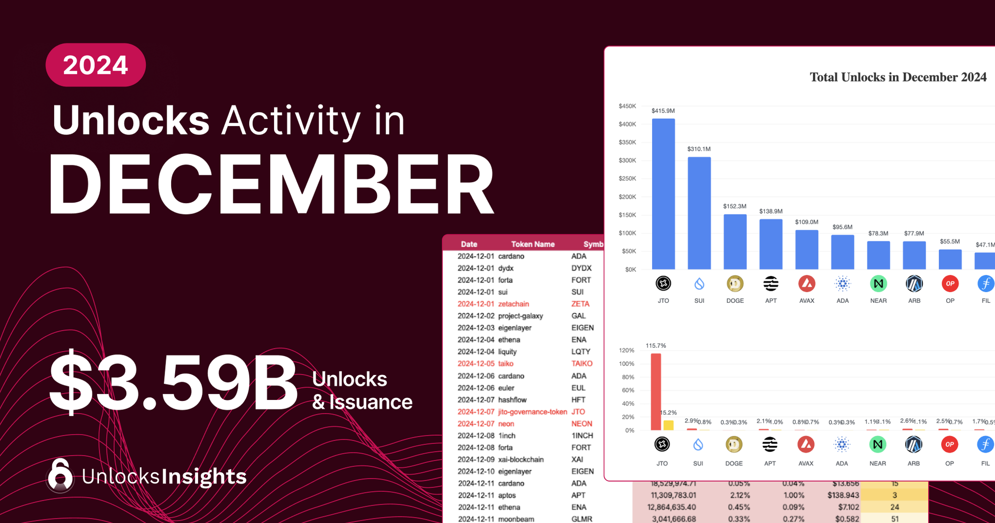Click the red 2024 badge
[96, 65]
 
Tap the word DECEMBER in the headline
[271, 185]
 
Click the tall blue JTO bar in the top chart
[663, 194]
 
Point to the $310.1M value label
[699, 149]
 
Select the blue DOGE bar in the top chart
[735, 242]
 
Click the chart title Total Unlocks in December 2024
[898, 77]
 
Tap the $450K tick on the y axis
[627, 106]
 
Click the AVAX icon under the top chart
[806, 284]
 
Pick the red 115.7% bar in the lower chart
[656, 392]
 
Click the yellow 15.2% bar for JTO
[668, 425]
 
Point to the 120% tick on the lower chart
[626, 350]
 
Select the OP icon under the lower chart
[949, 444]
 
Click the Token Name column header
[532, 244]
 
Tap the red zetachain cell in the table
[513, 304]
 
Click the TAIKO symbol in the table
[582, 364]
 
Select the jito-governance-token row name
[532, 412]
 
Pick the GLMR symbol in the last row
[582, 519]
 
